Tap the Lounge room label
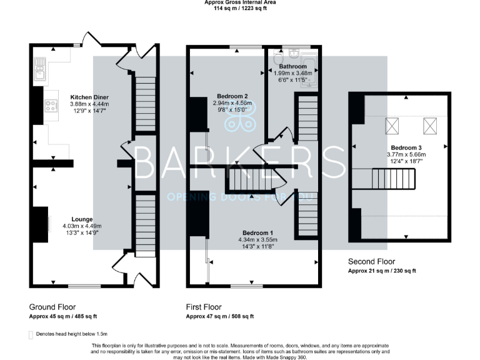pos(82,219)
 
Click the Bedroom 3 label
pos(396,148)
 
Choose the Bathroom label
pos(292,66)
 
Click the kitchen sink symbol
pos(41,65)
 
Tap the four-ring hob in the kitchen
pos(47,106)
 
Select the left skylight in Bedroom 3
pos(392,127)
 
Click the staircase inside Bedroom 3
pos(394,179)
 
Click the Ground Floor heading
pos(54,307)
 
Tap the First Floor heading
pos(204,307)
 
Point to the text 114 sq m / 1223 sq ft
pos(240,9)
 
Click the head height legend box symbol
pos(31,335)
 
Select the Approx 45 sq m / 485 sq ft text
pos(63,317)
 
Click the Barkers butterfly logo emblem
pos(241,117)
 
